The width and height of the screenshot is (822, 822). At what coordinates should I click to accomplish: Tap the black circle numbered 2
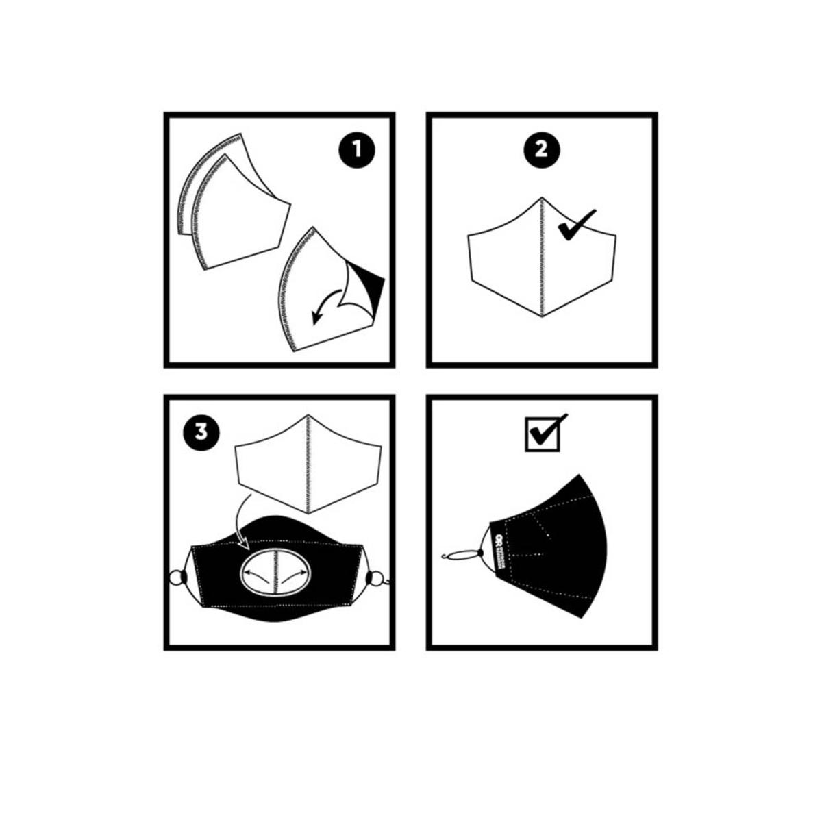coord(541,150)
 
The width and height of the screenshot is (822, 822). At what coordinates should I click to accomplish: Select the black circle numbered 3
coord(201,432)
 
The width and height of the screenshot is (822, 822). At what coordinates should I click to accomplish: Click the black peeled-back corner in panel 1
coord(371,281)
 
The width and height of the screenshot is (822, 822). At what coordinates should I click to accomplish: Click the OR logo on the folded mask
coord(499,540)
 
